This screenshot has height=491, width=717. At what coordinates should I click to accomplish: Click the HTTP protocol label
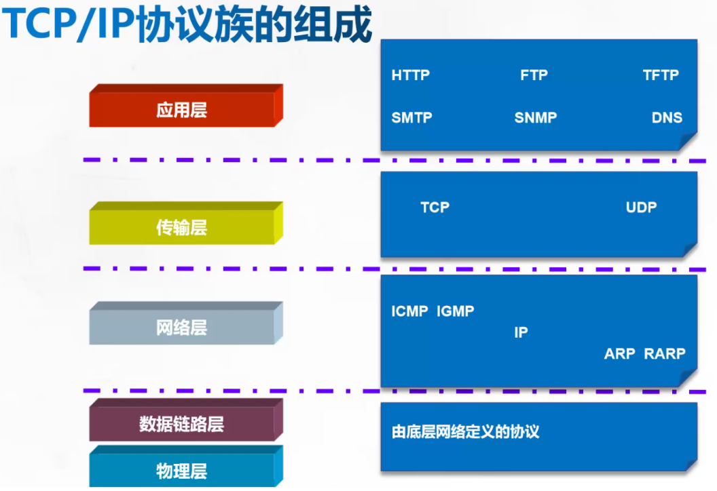410,75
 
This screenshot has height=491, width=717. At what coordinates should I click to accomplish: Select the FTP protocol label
534,75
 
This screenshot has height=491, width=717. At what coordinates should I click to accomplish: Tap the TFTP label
660,75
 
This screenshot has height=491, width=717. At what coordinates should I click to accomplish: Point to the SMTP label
411,117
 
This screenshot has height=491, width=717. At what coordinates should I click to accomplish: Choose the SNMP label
535,117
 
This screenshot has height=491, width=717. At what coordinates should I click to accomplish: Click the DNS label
666,117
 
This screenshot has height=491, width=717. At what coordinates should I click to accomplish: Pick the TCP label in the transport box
435,208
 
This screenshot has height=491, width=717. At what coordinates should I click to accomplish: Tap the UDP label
641,208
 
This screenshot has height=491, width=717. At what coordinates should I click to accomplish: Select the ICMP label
409,311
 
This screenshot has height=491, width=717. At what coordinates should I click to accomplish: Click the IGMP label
455,311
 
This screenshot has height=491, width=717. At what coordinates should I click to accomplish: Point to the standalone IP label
521,332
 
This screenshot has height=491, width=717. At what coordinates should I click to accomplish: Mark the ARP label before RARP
619,353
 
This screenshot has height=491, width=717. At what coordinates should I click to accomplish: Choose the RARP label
665,353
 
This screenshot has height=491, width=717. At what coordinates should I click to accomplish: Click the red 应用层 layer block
182,110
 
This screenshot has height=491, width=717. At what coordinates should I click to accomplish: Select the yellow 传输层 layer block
182,228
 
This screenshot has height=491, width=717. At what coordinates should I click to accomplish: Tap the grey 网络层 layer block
182,328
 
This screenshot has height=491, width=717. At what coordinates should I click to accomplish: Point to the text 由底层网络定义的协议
465,432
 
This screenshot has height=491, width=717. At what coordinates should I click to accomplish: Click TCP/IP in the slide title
68,26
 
